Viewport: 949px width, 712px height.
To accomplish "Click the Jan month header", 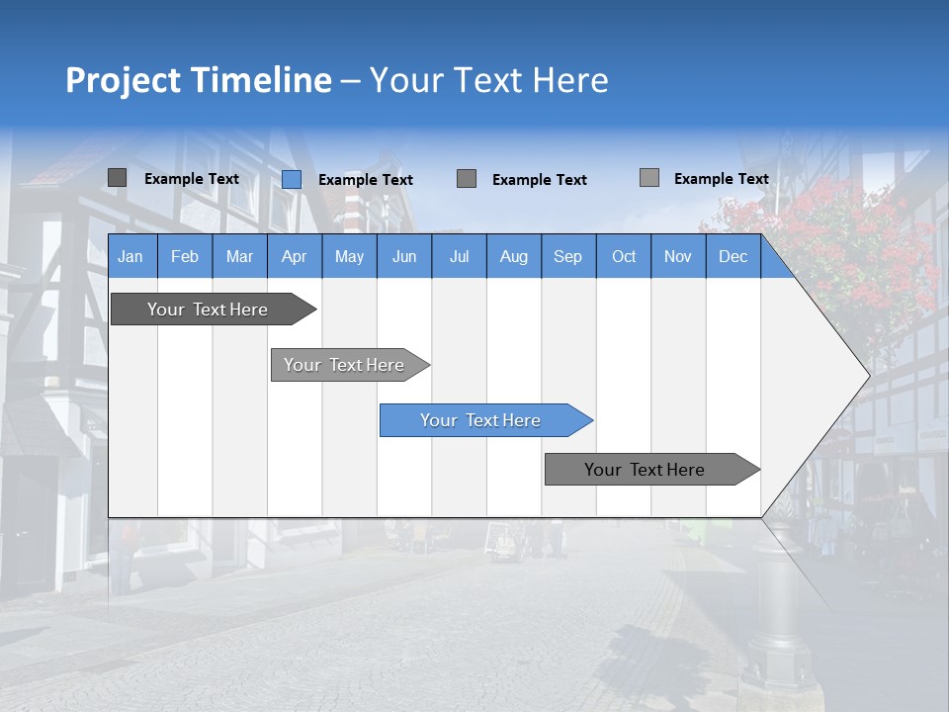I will (130, 256).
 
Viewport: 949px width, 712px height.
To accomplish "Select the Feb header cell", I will (185, 256).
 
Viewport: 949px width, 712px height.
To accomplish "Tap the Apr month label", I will (294, 256).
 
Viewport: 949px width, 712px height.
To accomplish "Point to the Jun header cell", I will (404, 256).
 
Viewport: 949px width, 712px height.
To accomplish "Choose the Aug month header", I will (513, 256).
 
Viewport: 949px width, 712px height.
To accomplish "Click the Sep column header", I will (567, 256).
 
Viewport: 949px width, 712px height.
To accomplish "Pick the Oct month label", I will (624, 256).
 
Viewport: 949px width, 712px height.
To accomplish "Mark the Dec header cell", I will (733, 256).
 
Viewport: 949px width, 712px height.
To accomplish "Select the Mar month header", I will (239, 256).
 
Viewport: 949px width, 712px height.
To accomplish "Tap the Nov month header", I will (678, 256).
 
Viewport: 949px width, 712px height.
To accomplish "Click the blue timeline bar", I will (480, 420).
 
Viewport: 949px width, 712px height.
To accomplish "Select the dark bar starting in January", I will (208, 310).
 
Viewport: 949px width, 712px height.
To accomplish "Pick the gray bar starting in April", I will (344, 365).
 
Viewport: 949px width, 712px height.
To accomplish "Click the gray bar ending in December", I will (645, 470).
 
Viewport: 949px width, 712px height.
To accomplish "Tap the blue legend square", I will (292, 179).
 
